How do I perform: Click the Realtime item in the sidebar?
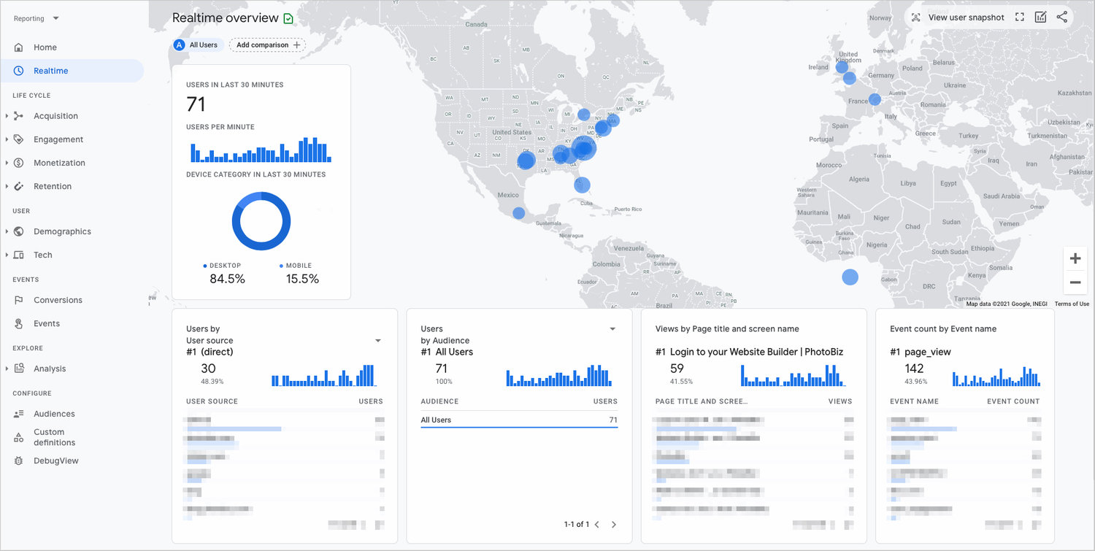point(50,71)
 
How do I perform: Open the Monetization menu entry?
point(59,163)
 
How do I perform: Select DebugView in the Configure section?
point(55,461)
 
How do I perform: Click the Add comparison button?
point(267,45)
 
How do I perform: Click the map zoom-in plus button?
point(1075,259)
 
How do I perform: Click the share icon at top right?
point(1061,18)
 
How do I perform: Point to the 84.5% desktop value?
point(227,279)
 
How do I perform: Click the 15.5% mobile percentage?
point(302,279)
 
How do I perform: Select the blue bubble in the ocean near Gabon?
point(850,277)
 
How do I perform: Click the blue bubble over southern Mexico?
point(518,213)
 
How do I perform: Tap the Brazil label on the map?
point(664,305)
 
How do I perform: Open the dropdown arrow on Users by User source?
point(378,341)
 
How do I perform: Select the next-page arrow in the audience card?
point(614,524)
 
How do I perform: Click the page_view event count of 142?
point(914,369)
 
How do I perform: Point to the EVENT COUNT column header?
point(1013,401)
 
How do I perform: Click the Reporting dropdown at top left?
point(36,18)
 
